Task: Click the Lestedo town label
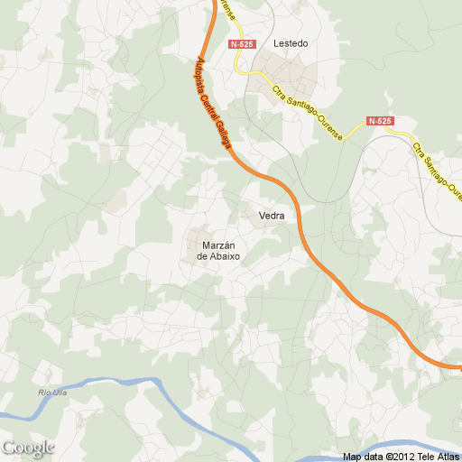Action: pyautogui.click(x=291, y=43)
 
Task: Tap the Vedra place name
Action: pyautogui.click(x=272, y=216)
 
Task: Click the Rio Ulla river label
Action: pyautogui.click(x=54, y=391)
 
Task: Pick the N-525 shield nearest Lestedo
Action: pyautogui.click(x=242, y=44)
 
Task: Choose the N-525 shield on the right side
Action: pyautogui.click(x=380, y=120)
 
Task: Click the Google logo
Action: pyautogui.click(x=28, y=448)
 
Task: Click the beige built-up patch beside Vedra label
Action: pyautogui.click(x=248, y=215)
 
